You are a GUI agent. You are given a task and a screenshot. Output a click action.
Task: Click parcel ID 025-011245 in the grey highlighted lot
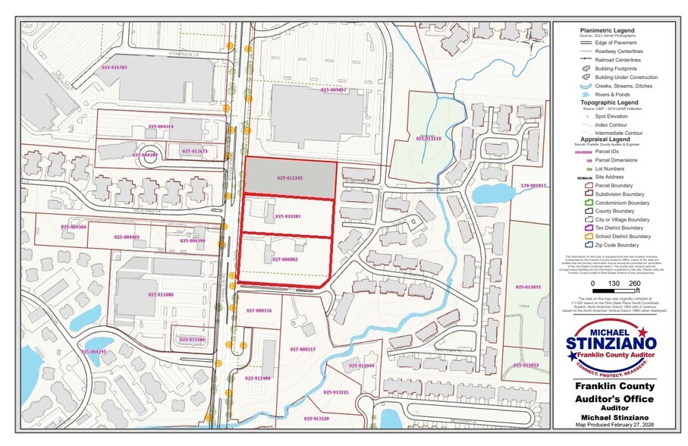(x=289, y=178)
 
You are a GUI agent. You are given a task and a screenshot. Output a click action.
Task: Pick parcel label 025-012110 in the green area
(x=428, y=139)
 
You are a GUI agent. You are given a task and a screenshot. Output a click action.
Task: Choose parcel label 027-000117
(x=302, y=349)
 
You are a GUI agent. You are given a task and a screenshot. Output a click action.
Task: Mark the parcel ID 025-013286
(x=193, y=339)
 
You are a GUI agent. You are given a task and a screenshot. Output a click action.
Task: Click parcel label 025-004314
(x=161, y=126)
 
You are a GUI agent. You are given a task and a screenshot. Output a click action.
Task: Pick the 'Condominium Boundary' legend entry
(x=622, y=203)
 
